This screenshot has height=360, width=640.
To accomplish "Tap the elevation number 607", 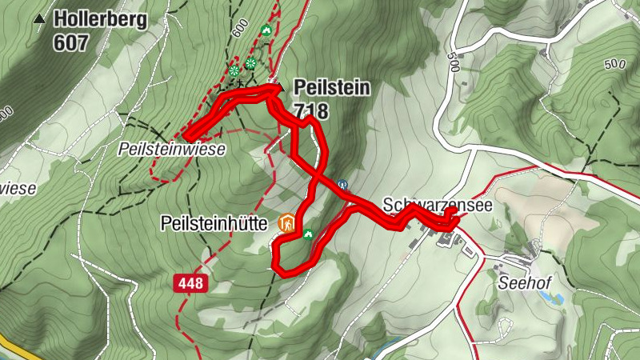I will pos(70,42).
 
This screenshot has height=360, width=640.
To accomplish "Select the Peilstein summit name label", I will pos(332,87).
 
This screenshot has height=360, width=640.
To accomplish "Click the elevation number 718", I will pos(312,110).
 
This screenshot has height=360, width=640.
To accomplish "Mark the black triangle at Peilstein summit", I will pos(278,87).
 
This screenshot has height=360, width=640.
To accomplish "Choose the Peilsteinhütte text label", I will pos(214,223).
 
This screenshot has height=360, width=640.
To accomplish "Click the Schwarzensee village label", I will pos(435,205).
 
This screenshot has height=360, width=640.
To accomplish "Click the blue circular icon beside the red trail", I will pos(342,183).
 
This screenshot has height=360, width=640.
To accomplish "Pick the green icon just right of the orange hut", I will pos(308,234).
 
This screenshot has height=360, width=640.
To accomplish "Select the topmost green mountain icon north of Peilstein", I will pos(266,30).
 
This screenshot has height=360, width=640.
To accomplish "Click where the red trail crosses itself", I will pos(318,175).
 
